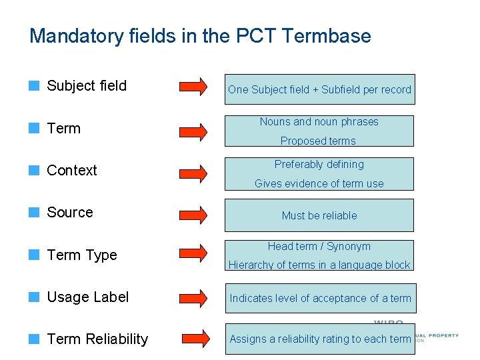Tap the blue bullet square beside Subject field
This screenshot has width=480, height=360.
point(34,86)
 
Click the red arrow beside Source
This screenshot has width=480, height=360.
point(193,214)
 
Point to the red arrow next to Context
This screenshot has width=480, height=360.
point(193,171)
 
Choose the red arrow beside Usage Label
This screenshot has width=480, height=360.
point(193,298)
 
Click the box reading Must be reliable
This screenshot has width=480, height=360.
point(319,215)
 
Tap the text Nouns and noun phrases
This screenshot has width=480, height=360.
point(319,121)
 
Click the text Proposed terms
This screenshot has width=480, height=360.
point(318,141)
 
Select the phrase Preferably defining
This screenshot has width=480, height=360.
point(319,164)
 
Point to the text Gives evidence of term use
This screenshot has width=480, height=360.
point(319,183)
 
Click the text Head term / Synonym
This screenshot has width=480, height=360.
point(319,246)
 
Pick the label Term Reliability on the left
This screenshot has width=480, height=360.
point(97,339)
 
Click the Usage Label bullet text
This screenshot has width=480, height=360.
point(88,297)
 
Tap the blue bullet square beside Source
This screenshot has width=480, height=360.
point(34,213)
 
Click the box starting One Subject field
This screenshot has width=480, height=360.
point(319,89)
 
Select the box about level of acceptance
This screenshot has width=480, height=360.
point(320,298)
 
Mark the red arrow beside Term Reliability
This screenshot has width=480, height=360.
point(193,339)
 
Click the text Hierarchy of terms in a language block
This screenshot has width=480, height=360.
point(319,265)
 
